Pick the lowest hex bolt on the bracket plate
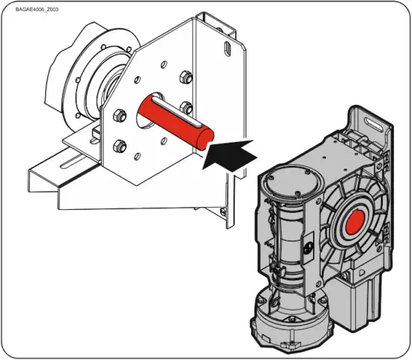(x=117, y=145)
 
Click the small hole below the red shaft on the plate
(x=163, y=142)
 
